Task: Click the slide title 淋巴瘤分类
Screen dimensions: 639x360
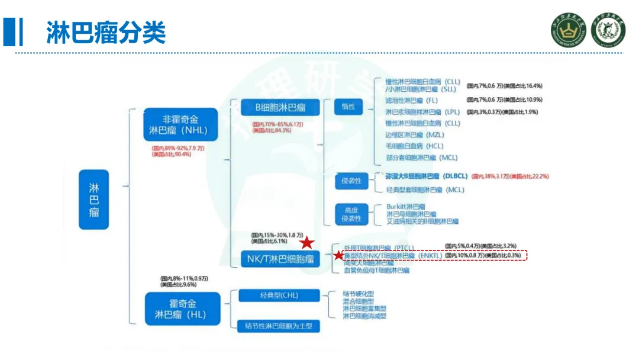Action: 106,32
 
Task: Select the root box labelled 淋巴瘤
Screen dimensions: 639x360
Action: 94,200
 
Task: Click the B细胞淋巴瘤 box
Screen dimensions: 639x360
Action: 280,107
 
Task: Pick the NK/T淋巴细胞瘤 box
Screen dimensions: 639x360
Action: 280,258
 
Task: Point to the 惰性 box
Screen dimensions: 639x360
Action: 348,107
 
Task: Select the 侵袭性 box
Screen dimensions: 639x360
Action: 351,181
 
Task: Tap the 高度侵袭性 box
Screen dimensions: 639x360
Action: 351,214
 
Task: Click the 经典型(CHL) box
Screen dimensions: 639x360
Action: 279,295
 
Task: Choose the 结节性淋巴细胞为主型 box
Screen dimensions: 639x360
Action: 278,325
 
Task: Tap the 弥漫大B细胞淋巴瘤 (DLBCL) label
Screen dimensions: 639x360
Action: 426,176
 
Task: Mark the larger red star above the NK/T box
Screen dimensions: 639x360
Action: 306,243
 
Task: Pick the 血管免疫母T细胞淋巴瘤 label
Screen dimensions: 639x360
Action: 377,270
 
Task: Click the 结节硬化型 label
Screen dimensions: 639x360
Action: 359,293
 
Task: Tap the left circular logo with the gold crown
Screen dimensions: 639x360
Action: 567,30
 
